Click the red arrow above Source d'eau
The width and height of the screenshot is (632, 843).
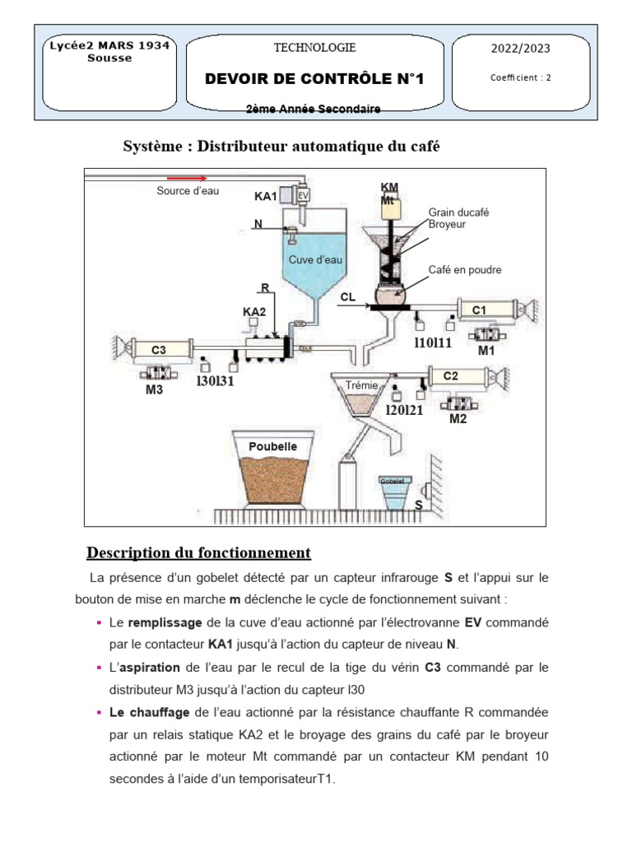187,177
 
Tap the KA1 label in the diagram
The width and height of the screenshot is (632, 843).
265,197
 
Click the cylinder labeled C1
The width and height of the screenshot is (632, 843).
480,310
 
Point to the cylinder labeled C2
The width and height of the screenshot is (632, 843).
451,377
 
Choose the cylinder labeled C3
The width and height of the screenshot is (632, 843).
159,350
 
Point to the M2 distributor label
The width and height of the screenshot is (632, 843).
458,419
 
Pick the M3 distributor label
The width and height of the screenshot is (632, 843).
155,390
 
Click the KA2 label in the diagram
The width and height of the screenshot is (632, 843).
254,312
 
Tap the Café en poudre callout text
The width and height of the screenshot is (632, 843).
465,270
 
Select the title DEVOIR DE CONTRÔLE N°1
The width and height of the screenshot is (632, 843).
314,79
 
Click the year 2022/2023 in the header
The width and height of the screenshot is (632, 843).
520,49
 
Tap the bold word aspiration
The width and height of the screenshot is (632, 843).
160,666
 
